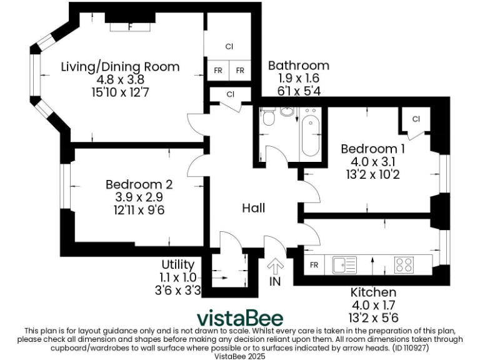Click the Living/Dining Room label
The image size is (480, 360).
120,67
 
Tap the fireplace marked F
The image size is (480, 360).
130,27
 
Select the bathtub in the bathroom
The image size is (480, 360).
310,133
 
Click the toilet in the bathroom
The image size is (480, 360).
269,117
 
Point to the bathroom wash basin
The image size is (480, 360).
287,111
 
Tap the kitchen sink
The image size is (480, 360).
344,265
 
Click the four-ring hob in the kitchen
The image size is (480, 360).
404,264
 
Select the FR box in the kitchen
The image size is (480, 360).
314,265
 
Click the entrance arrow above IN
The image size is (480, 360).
274,266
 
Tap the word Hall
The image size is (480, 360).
254,208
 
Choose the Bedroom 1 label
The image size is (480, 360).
372,149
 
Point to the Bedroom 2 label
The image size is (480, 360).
139,184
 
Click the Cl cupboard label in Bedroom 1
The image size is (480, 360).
416,119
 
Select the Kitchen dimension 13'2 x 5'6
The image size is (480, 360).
373,318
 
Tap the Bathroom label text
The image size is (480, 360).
298,66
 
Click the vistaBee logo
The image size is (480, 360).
240,317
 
